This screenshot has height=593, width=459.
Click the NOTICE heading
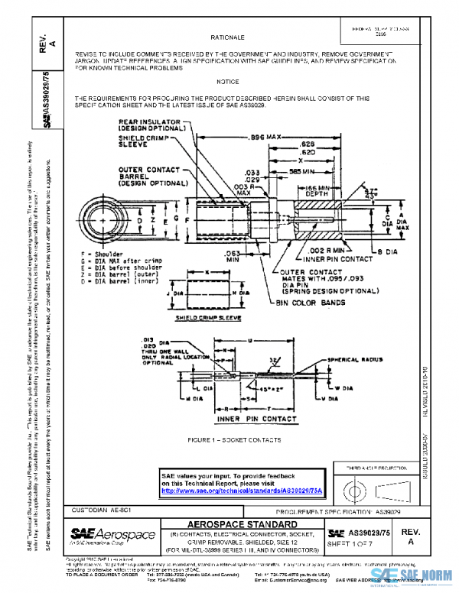(227, 81)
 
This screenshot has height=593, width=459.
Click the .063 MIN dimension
(231, 254)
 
